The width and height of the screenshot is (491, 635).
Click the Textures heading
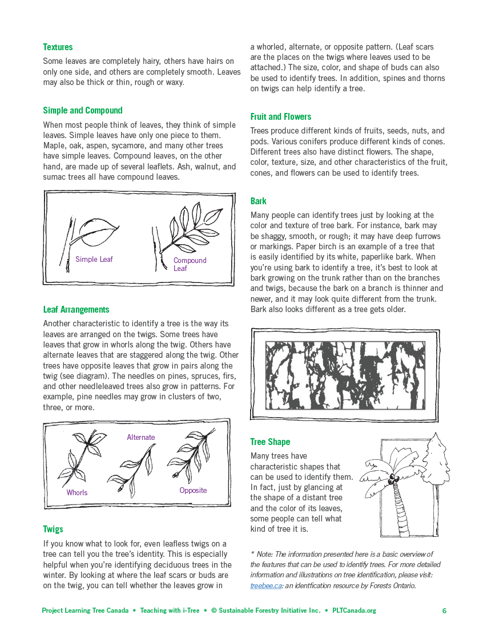[x=58, y=47]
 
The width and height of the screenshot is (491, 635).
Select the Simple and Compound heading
[x=83, y=111]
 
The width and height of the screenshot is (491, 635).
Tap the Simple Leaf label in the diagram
[x=94, y=260]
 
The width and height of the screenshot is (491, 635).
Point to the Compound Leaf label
[x=190, y=264]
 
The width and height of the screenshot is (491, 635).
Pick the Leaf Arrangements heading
[x=76, y=310]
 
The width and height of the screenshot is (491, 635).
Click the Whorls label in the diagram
[x=77, y=492]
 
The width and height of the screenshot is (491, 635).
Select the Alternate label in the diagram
[x=140, y=438]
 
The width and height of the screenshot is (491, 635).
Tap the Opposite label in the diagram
[x=193, y=491]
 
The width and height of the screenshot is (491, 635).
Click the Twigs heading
[x=53, y=529]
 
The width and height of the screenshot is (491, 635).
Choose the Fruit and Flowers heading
[x=280, y=117]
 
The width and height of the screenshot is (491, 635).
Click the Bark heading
[x=258, y=201]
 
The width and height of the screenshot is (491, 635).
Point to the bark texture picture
[x=345, y=375]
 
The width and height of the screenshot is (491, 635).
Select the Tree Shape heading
[x=270, y=442]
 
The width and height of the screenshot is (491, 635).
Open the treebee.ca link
[x=266, y=585]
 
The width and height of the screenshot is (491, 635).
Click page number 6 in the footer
[x=444, y=611]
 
